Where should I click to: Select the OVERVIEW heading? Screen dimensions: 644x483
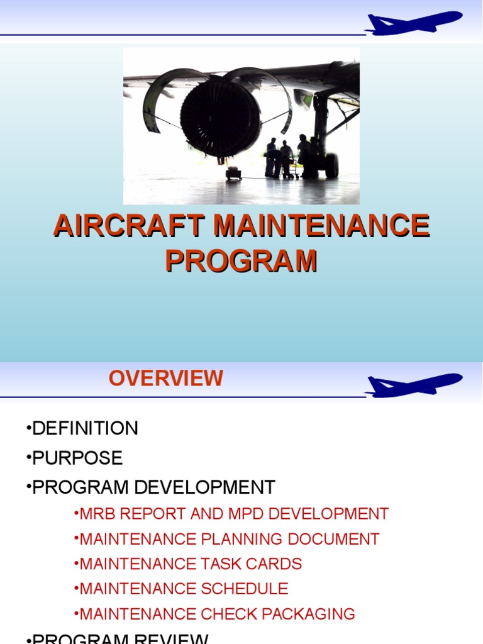click(165, 378)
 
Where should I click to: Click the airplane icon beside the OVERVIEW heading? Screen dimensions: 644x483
click(414, 384)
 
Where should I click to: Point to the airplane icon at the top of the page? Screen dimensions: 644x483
click(414, 22)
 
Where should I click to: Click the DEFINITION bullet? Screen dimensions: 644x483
click(85, 429)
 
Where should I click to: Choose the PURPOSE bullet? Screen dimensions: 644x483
click(77, 458)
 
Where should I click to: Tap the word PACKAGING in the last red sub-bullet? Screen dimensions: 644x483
click(310, 614)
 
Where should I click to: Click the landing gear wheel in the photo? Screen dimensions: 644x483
click(331, 165)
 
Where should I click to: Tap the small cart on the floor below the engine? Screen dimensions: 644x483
click(234, 173)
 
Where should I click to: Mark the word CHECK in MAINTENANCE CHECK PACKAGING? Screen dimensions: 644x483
click(230, 614)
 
